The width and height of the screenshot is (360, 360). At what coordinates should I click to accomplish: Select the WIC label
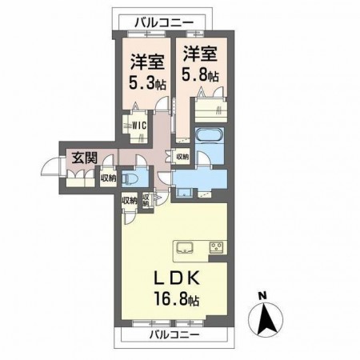click(x=138, y=125)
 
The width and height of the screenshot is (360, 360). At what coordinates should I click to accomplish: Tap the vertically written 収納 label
click(x=146, y=201)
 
